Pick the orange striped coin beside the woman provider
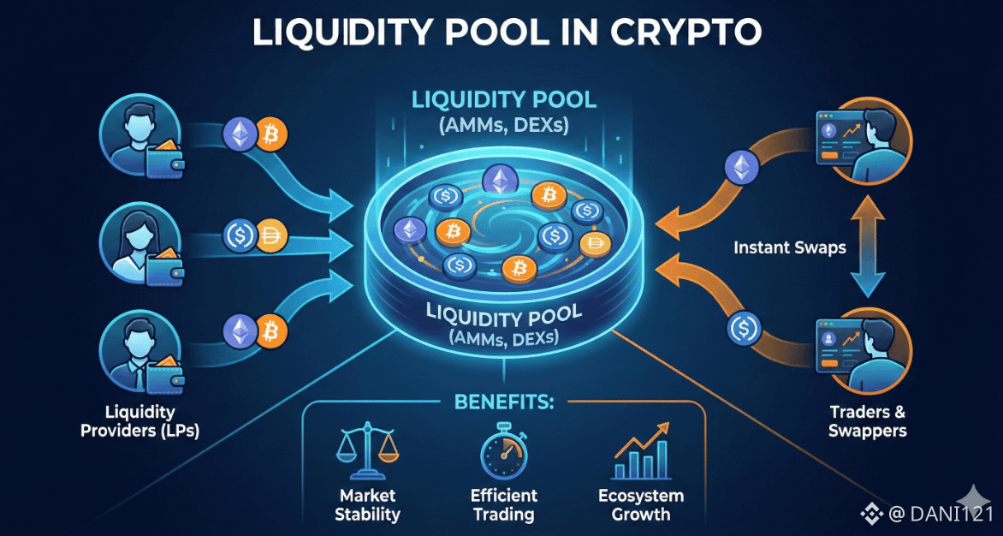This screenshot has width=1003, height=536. (271, 236)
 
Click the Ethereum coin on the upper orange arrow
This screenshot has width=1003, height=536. (741, 169)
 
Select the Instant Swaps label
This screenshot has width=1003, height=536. (789, 247)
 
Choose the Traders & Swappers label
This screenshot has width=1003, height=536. (867, 421)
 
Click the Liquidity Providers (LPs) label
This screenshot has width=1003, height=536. (139, 421)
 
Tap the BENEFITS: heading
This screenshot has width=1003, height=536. (504, 403)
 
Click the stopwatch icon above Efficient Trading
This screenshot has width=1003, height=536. (503, 451)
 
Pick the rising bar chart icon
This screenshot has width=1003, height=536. (641, 450)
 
